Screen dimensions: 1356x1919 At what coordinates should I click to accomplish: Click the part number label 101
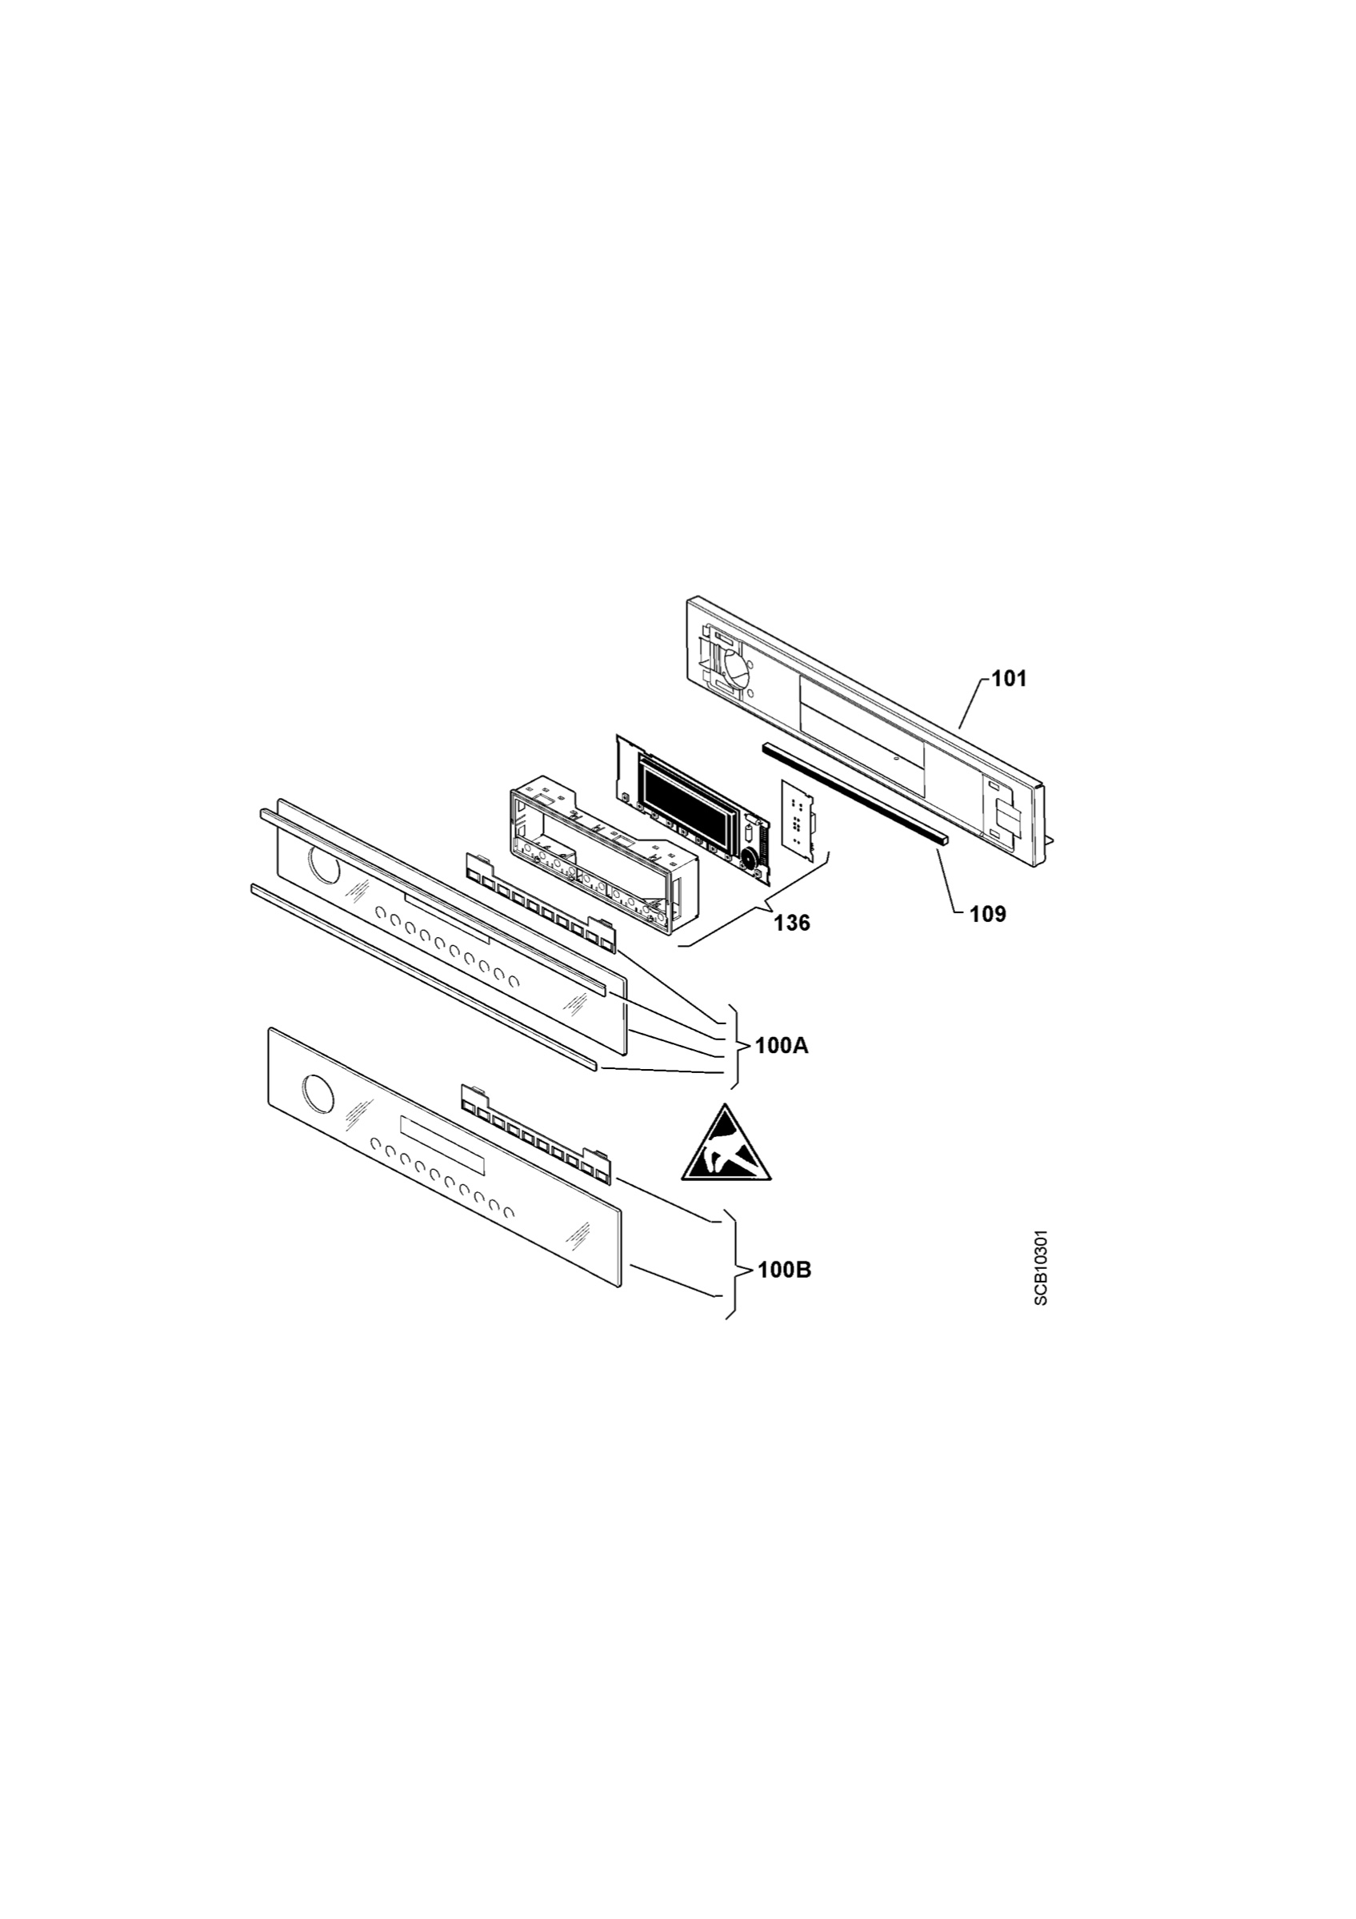[x=1009, y=679]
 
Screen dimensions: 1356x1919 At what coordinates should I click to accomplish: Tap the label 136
[x=792, y=923]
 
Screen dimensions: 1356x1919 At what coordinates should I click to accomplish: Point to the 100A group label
[x=782, y=1046]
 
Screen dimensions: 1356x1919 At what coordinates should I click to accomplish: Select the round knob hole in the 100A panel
[x=326, y=866]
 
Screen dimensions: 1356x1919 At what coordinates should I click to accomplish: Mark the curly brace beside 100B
[x=735, y=1271]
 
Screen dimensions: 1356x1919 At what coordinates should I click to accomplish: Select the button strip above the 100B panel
[x=536, y=1133]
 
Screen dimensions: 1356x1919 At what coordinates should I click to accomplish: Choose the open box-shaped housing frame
[x=599, y=861]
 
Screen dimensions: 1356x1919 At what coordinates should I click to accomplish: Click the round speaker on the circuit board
[x=749, y=859]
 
